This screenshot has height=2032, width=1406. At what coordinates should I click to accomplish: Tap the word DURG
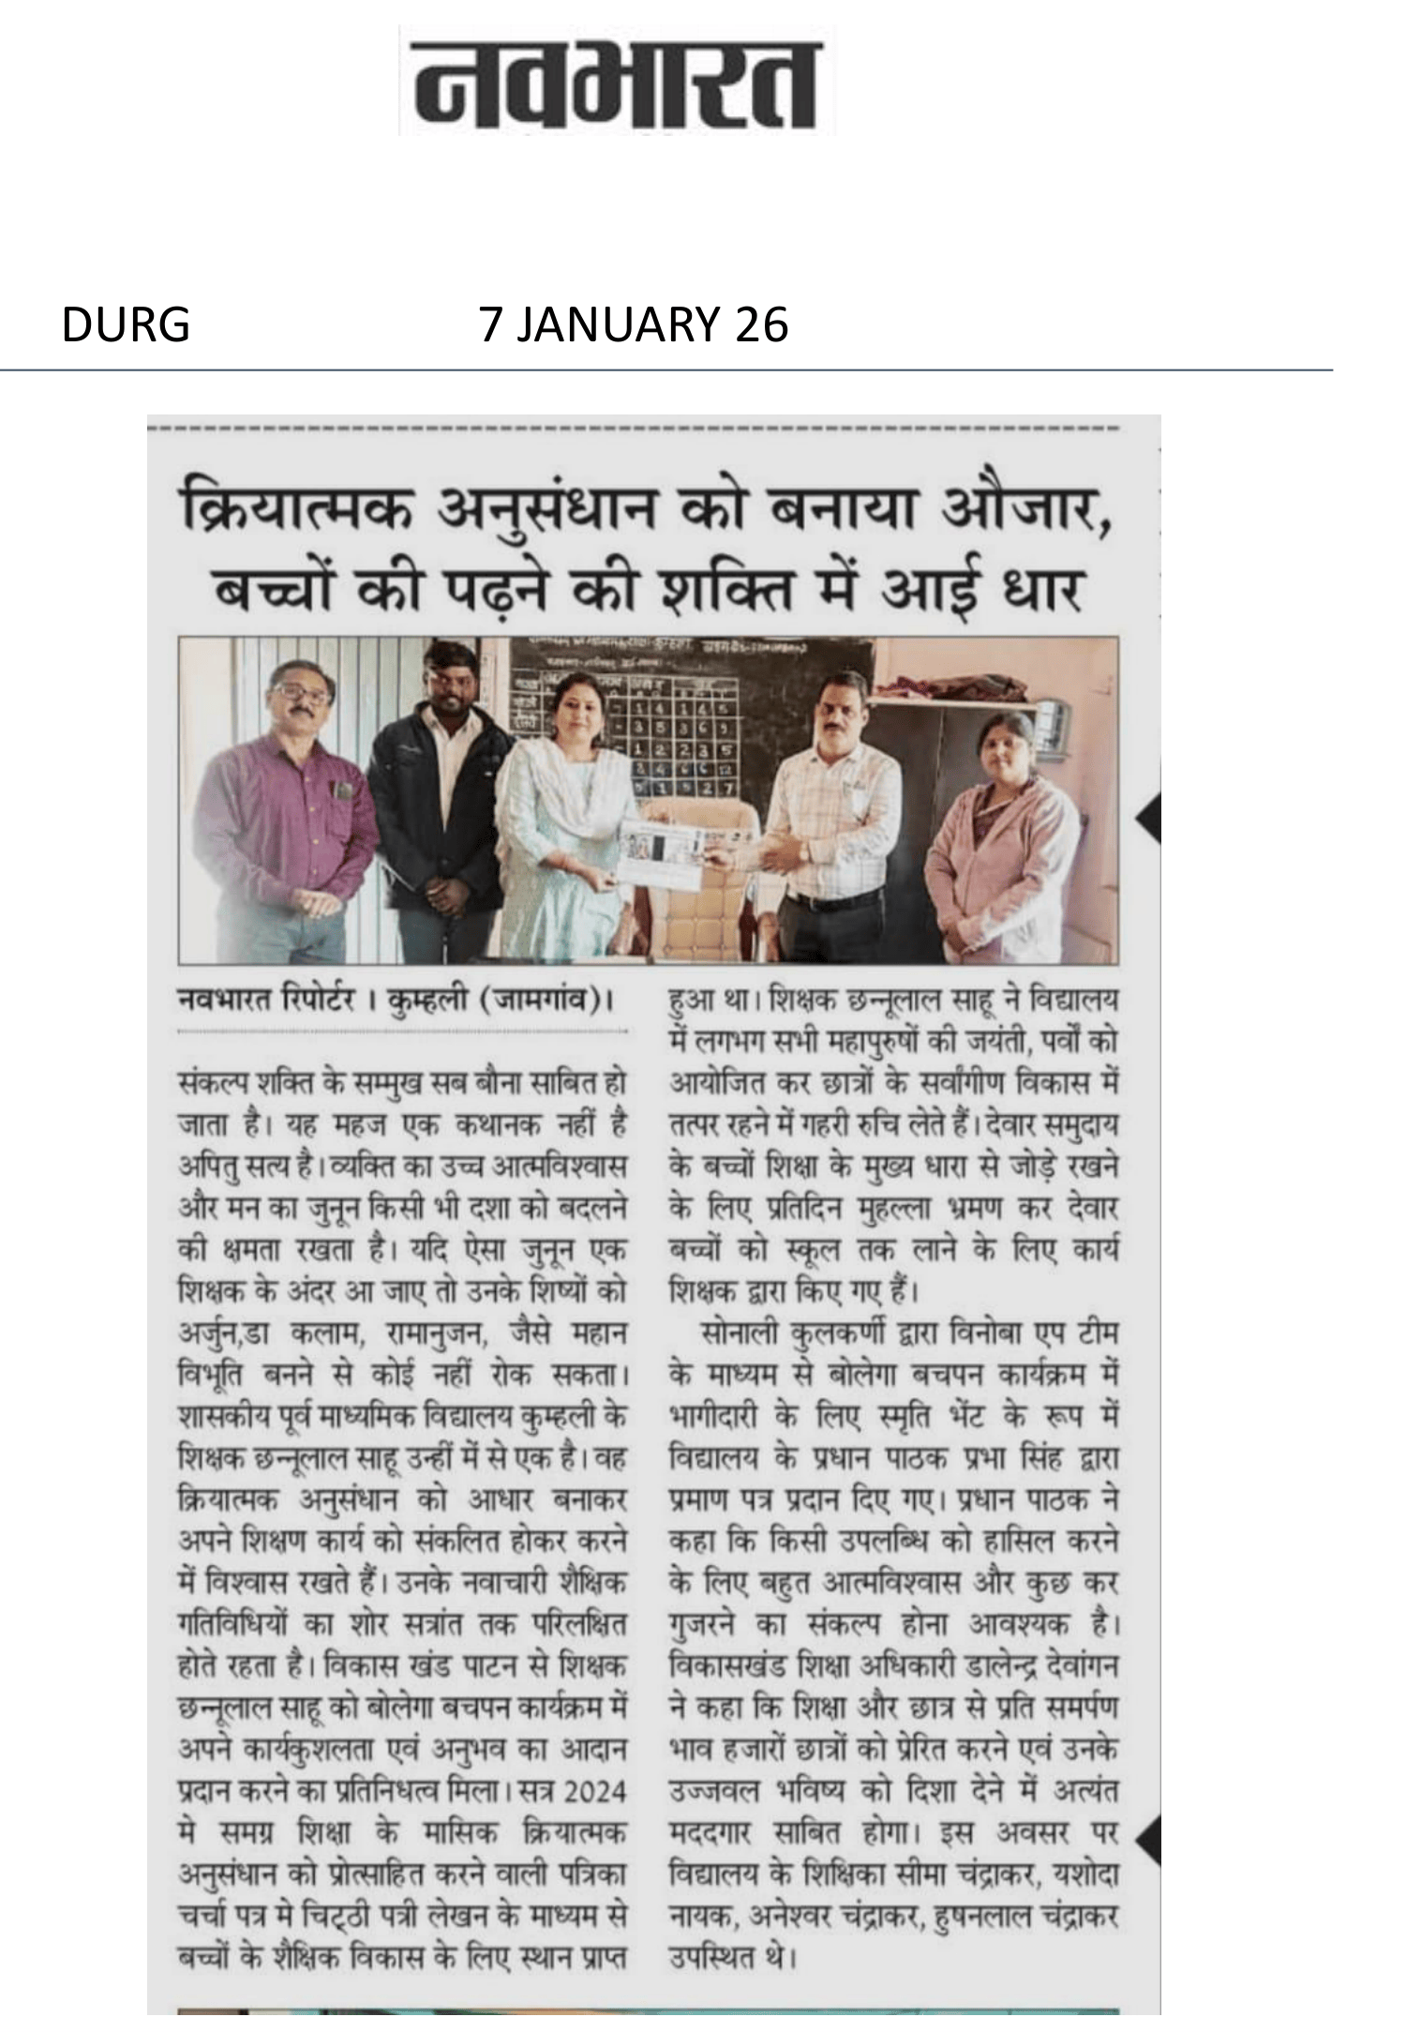126,325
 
